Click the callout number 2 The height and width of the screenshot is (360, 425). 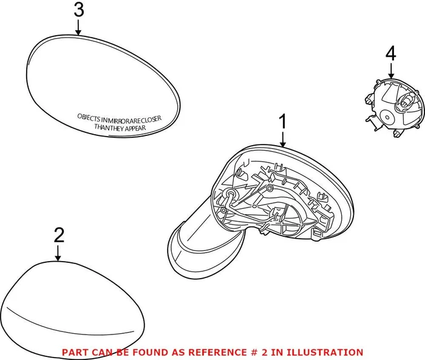pyautogui.click(x=59, y=235)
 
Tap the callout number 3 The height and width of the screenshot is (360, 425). pyautogui.click(x=79, y=10)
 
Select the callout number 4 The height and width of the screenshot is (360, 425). pyautogui.click(x=390, y=53)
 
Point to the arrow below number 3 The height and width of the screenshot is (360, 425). pyautogui.click(x=78, y=28)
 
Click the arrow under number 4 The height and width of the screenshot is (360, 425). pyautogui.click(x=391, y=71)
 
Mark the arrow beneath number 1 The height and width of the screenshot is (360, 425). pyautogui.click(x=283, y=140)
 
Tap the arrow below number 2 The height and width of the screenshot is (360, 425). pyautogui.click(x=58, y=253)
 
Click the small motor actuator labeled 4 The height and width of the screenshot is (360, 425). pyautogui.click(x=395, y=107)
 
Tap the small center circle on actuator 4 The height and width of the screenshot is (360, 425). pyautogui.click(x=387, y=118)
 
